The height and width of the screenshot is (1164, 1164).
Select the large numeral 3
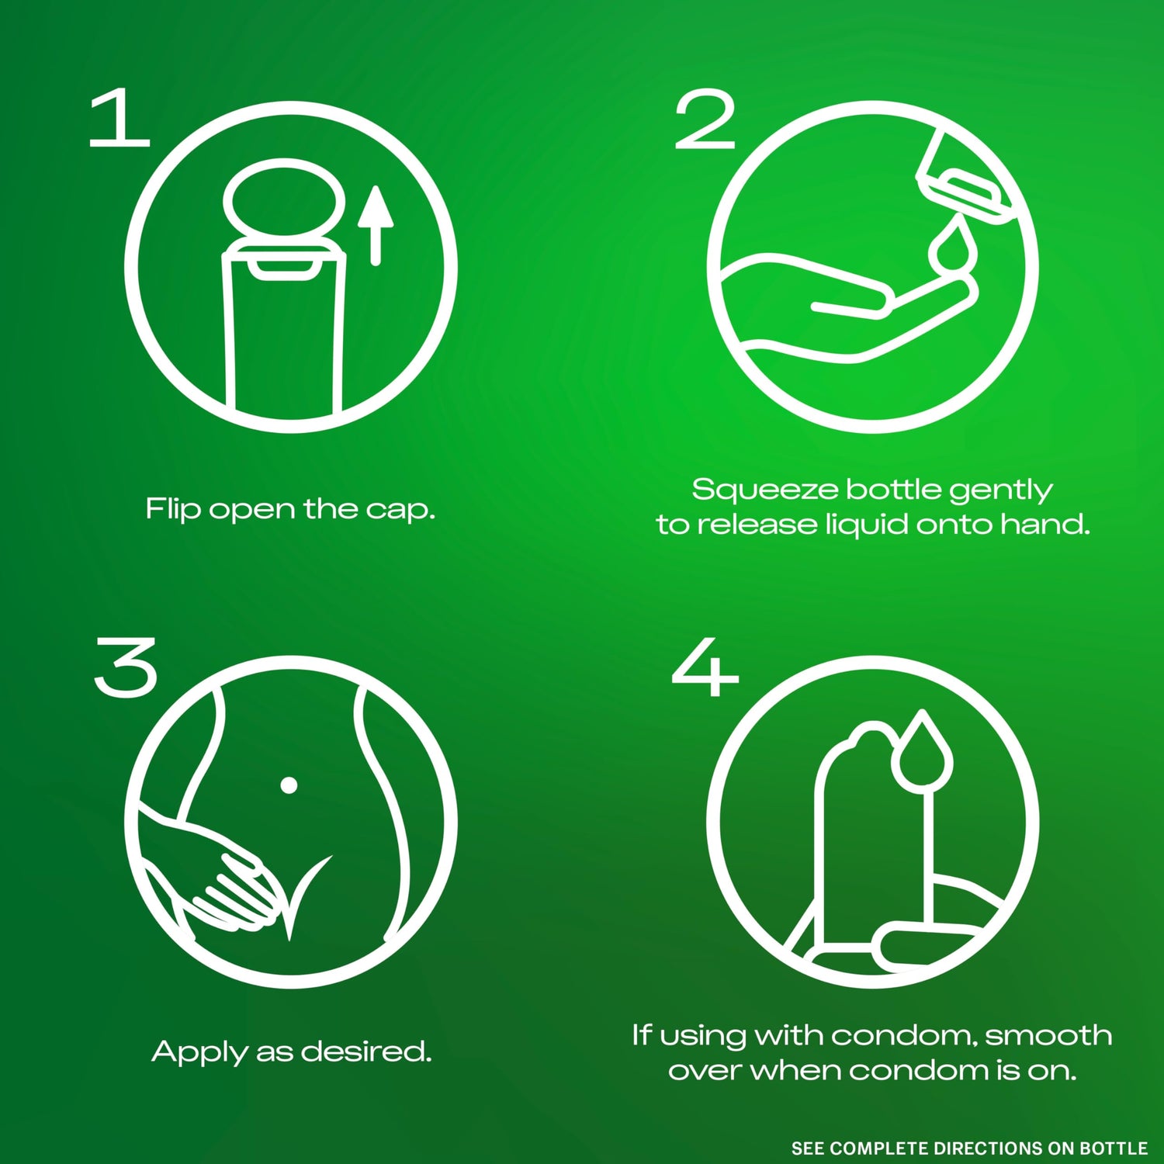(126, 667)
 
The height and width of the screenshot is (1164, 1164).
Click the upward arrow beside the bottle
(376, 225)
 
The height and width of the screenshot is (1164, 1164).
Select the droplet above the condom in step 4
(922, 750)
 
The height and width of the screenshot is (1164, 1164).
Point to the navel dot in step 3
(289, 785)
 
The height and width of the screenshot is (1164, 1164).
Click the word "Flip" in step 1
(174, 510)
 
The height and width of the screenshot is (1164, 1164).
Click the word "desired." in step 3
(366, 1051)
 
